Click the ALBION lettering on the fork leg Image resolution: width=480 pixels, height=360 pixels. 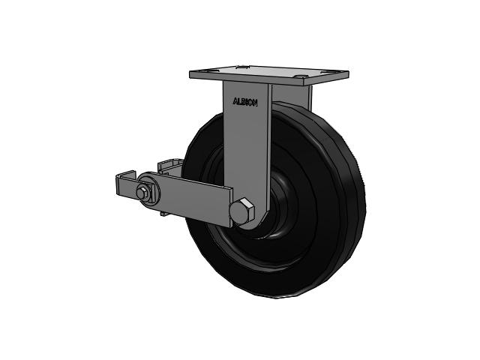(245, 102)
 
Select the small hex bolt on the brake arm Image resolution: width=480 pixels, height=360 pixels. (141, 193)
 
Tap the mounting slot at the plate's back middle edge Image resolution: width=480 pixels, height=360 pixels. (241, 67)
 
